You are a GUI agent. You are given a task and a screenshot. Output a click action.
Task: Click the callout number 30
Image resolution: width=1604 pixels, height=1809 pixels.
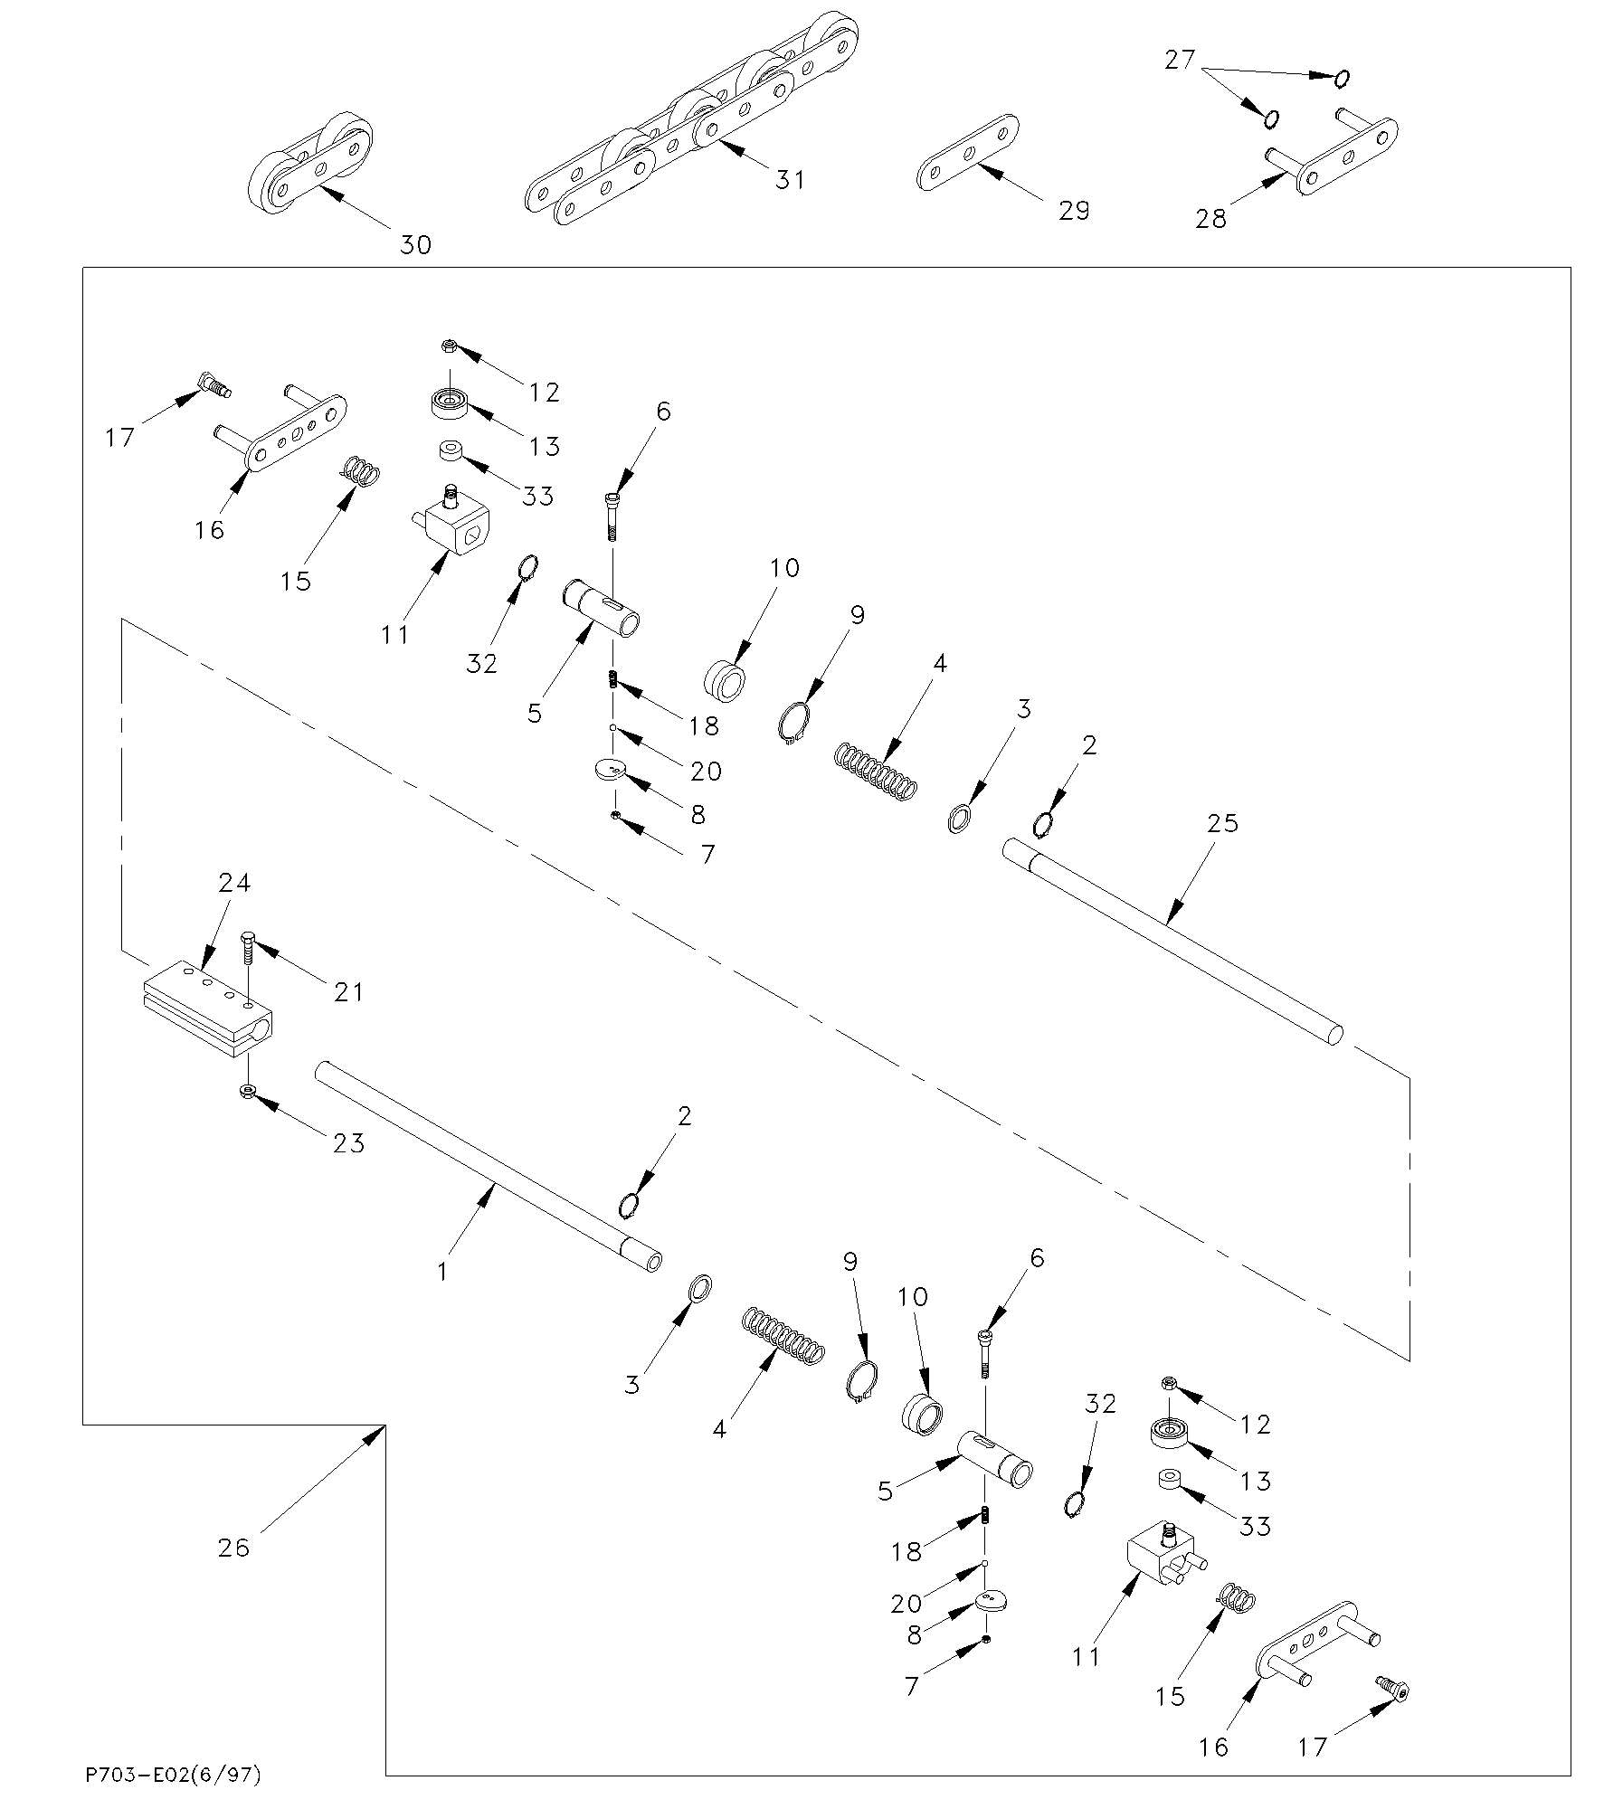(x=416, y=244)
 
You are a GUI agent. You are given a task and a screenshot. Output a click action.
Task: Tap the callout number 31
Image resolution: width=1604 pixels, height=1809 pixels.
(x=790, y=180)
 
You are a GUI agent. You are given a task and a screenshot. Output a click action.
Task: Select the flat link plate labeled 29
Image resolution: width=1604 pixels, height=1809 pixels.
(x=967, y=153)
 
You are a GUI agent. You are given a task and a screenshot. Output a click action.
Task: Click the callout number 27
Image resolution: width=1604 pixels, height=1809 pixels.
(x=1180, y=62)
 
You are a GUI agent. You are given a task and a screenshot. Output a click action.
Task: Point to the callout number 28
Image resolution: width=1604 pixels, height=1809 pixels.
(x=1211, y=219)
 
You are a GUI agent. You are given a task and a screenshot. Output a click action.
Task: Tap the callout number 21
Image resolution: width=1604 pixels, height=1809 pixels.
(x=348, y=992)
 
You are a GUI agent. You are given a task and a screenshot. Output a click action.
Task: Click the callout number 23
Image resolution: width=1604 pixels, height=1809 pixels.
(x=348, y=1143)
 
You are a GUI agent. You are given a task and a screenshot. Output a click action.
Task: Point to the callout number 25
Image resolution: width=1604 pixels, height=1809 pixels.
(x=1222, y=823)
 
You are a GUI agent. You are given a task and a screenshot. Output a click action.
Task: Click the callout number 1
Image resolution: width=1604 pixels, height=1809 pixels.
(x=442, y=1272)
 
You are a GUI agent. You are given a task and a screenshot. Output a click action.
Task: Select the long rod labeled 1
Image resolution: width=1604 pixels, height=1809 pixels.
(x=489, y=1166)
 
